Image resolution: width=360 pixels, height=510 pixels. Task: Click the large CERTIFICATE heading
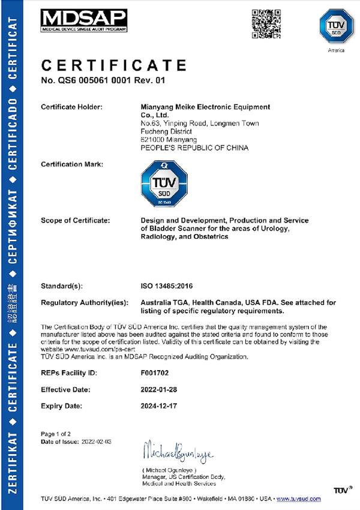click(x=114, y=64)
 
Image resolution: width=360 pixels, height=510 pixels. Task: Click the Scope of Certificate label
click(x=75, y=221)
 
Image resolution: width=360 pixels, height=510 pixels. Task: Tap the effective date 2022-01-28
click(x=160, y=389)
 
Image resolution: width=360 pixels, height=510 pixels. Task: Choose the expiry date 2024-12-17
click(x=160, y=406)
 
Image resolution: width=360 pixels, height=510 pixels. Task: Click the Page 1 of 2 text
click(x=56, y=433)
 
